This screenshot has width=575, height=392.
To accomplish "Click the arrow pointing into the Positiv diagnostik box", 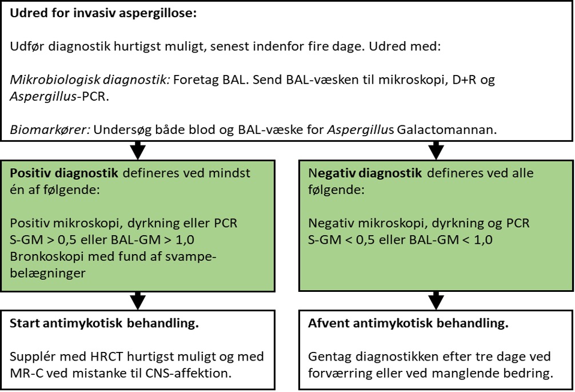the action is coord(138,151).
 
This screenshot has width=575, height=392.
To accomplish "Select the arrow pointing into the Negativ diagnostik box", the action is coord(436,151).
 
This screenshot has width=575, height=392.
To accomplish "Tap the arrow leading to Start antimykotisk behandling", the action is coord(138,301).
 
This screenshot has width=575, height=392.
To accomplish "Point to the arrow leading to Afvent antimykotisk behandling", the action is coord(436,301).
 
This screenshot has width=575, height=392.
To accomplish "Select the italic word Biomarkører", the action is coord(50,129).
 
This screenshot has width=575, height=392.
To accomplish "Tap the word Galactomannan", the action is coord(447,129).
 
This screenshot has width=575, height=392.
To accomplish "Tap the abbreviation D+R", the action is coord(465,80).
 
